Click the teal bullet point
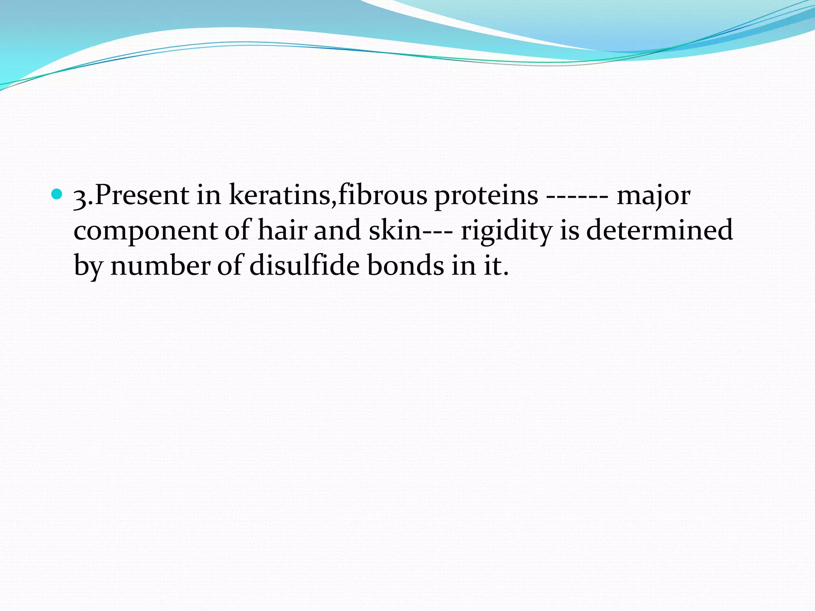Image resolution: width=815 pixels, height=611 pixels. pyautogui.click(x=58, y=195)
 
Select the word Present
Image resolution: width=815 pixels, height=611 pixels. pyautogui.click(x=142, y=195)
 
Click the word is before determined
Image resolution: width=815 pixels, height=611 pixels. pyautogui.click(x=569, y=230)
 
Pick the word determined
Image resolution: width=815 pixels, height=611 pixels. pyautogui.click(x=659, y=230)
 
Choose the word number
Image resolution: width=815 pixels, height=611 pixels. pyautogui.click(x=160, y=265)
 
